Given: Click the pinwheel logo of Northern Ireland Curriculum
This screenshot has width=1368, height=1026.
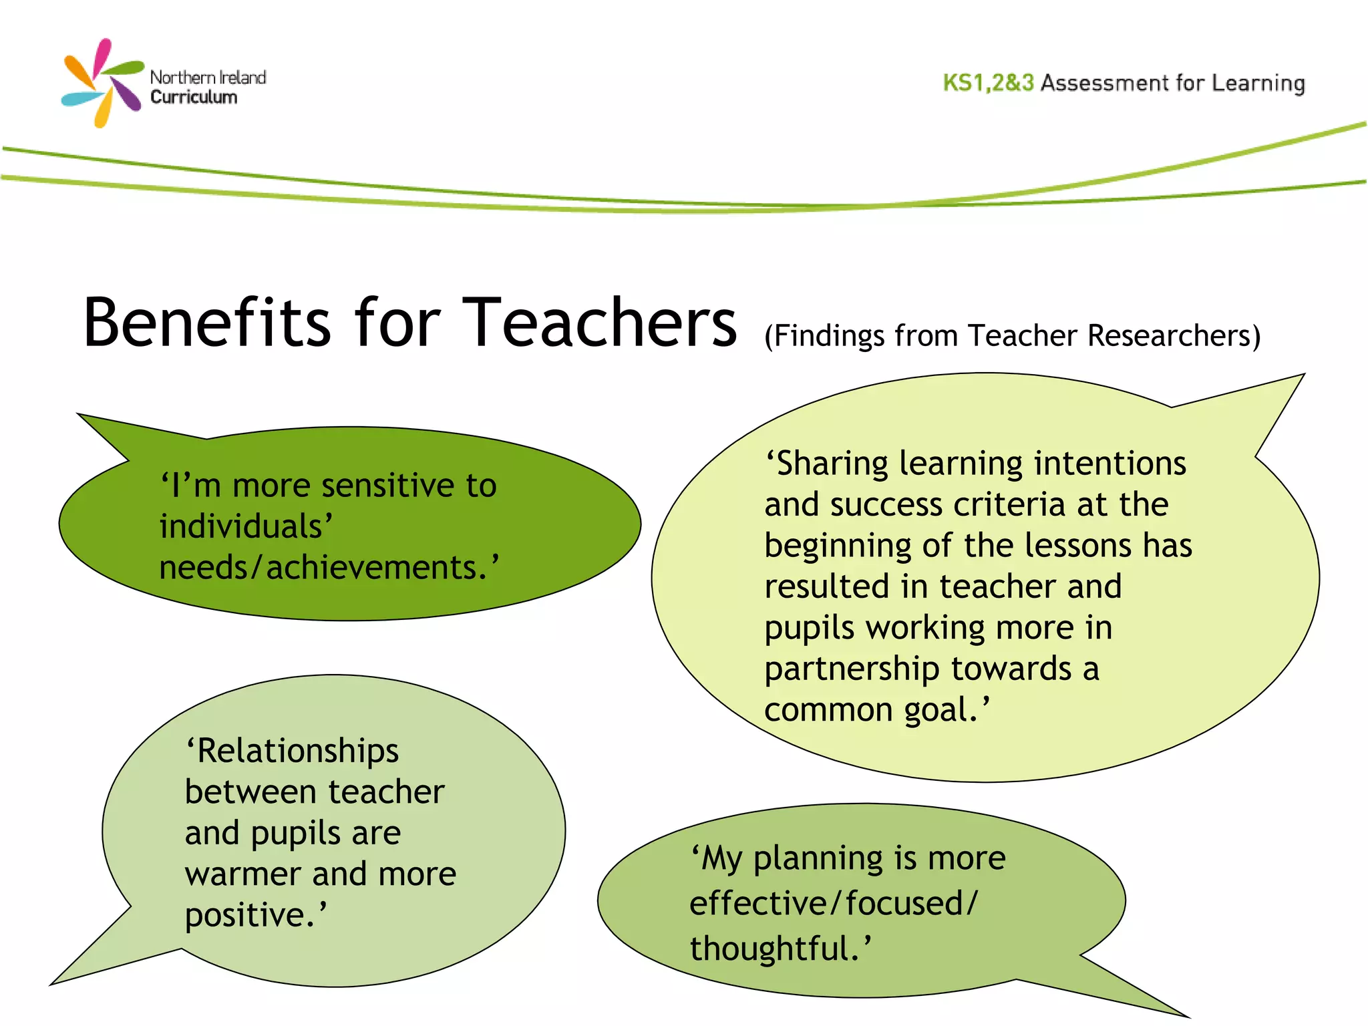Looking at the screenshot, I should (x=102, y=83).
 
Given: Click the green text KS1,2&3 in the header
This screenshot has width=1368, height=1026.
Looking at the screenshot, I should (x=988, y=83).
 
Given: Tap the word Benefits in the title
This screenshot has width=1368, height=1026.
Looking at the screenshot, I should (x=207, y=323).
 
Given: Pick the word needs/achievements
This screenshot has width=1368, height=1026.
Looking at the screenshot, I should (x=327, y=568).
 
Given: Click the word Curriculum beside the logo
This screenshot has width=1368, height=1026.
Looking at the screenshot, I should (x=194, y=98).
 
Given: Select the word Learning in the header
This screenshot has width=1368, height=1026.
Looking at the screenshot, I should (x=1258, y=83).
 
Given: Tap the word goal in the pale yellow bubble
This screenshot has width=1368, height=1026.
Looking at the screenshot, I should (x=941, y=711).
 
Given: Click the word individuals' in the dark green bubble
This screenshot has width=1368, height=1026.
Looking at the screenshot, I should (x=244, y=526).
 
